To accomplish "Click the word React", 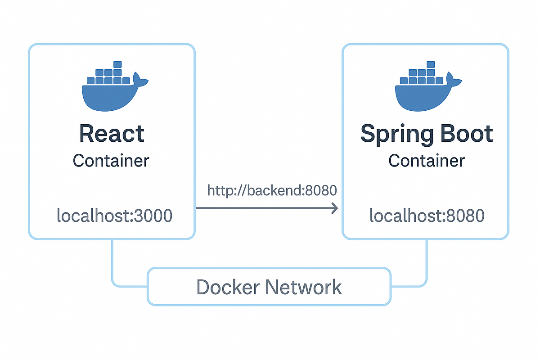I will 112,134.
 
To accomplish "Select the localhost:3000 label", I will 114,216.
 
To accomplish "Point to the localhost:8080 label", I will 427,216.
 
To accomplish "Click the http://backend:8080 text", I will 272,190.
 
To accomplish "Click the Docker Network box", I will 269,287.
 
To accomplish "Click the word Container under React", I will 111,161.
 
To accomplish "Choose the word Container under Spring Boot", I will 427,161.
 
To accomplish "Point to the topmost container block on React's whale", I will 117,64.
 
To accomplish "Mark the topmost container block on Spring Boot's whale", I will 431,64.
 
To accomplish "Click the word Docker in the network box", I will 227,287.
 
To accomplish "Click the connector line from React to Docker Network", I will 112,265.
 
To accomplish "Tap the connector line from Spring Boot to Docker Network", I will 426,265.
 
